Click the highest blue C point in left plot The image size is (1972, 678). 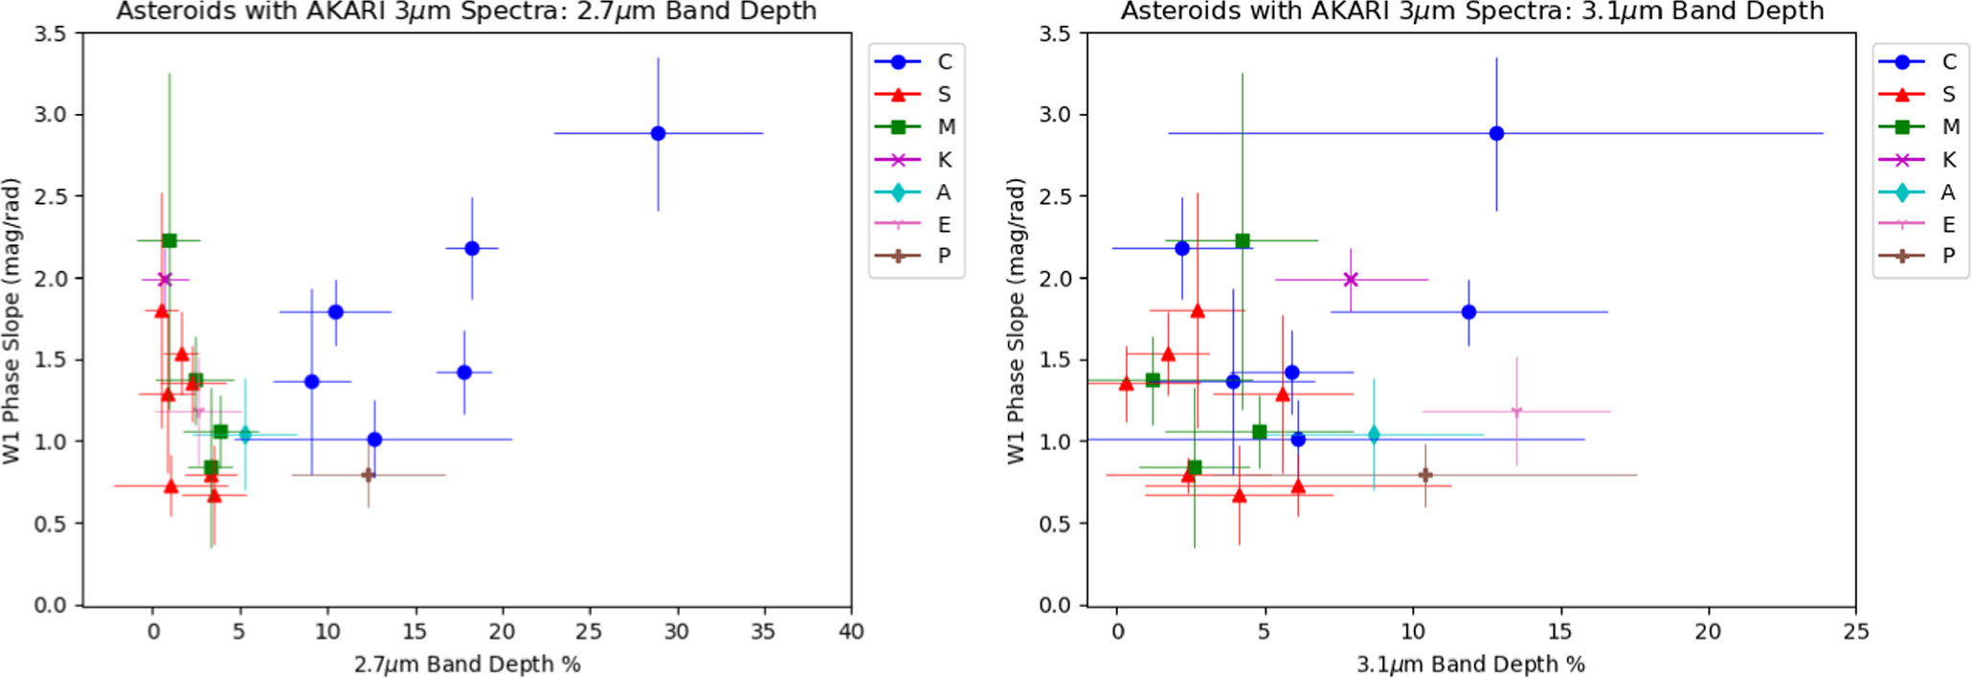point(658,133)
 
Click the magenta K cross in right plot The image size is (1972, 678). point(1351,280)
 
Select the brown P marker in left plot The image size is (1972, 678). point(368,474)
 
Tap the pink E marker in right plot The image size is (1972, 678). point(1516,412)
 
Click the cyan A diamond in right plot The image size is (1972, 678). point(1374,434)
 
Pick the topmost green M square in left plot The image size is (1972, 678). point(169,240)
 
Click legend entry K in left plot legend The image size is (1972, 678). point(943,160)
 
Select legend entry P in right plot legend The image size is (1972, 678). point(1947,256)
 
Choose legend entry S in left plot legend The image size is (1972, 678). point(943,94)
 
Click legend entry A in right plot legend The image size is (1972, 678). point(1947,192)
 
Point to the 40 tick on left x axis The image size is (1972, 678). point(851,631)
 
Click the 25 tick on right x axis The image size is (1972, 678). point(1855,631)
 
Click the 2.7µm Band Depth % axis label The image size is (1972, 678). point(467,664)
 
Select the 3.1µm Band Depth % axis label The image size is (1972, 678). point(1470,664)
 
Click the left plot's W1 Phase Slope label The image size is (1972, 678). point(11,321)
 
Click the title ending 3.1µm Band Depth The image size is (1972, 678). point(1472,11)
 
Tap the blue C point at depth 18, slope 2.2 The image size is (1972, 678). point(472,248)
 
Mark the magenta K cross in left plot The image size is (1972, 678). point(165,280)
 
